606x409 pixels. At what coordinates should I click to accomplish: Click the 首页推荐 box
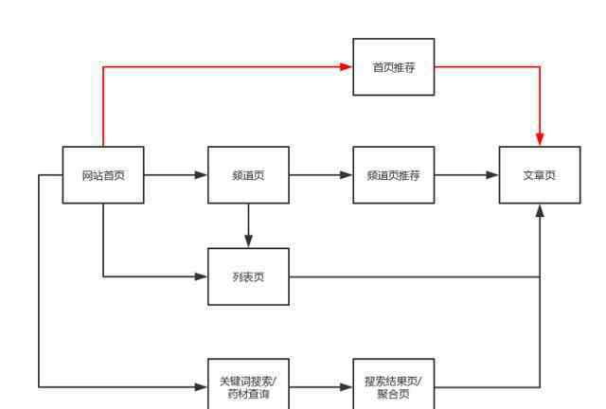(394, 67)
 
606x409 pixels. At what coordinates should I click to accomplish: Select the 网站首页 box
(103, 175)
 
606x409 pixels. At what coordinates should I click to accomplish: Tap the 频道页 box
(248, 175)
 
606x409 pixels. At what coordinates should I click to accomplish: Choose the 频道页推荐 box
(394, 175)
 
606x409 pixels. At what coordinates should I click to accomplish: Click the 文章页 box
(540, 175)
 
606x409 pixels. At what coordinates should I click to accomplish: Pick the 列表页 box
(248, 276)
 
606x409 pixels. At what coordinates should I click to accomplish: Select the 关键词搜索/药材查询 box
(248, 383)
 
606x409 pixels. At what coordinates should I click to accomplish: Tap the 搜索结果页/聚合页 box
(394, 383)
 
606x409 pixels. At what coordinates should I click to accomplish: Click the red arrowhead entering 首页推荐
(346, 67)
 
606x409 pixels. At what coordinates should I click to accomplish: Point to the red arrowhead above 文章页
(540, 139)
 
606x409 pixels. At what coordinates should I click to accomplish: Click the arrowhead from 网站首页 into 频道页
(201, 175)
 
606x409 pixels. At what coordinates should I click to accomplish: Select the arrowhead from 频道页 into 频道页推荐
(346, 175)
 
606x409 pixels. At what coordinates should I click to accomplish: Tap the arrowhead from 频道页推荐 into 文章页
(492, 175)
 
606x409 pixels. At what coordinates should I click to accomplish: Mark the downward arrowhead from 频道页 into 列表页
(248, 241)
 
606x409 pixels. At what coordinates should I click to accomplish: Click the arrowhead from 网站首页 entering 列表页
(201, 276)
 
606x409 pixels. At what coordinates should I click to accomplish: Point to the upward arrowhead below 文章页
(540, 211)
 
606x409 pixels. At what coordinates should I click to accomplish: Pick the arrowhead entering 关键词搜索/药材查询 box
(201, 386)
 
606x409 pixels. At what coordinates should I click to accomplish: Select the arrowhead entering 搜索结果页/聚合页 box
(346, 386)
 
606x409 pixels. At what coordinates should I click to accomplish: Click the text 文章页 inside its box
(540, 175)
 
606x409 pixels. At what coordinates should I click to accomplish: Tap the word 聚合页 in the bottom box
(394, 394)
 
